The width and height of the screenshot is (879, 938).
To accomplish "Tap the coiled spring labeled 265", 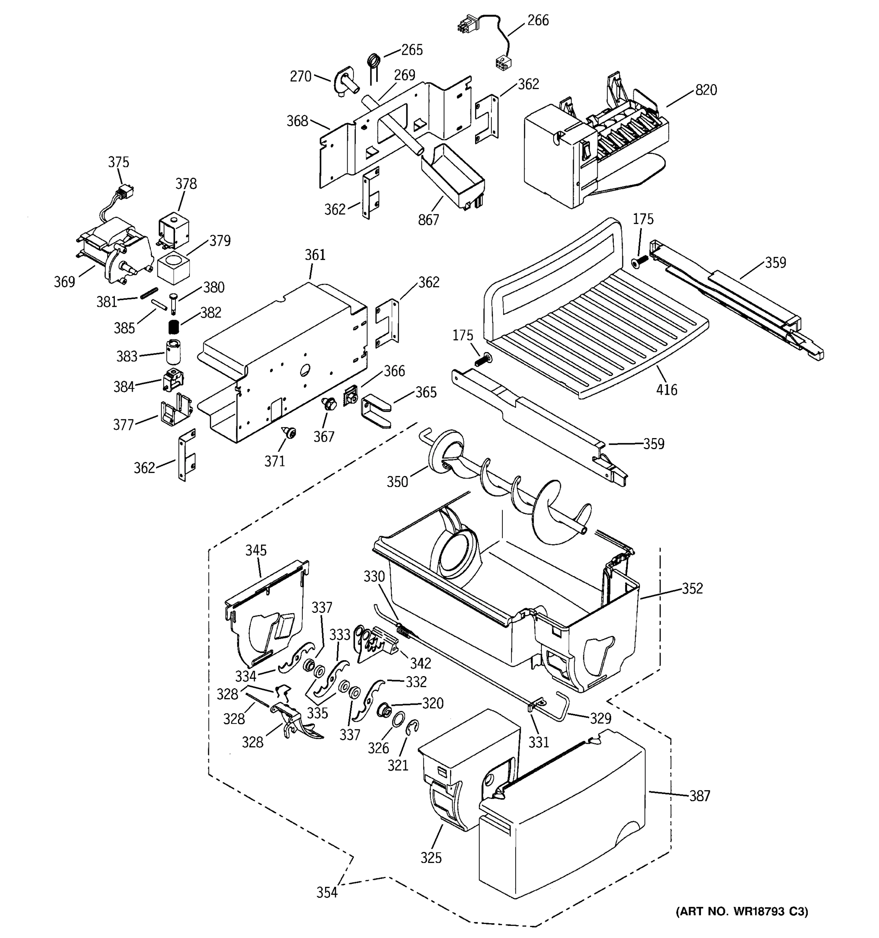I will click(373, 62).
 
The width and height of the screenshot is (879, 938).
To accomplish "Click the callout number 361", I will click(315, 255).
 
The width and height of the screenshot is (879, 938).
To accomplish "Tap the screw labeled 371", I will click(289, 431).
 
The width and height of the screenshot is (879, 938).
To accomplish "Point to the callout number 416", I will click(666, 390).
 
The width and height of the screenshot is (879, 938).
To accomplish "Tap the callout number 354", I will click(327, 892).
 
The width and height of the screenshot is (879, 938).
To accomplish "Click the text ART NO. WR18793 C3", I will click(742, 911).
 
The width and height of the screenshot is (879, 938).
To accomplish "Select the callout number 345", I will click(256, 550).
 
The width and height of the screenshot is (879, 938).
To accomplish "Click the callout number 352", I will click(692, 588).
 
